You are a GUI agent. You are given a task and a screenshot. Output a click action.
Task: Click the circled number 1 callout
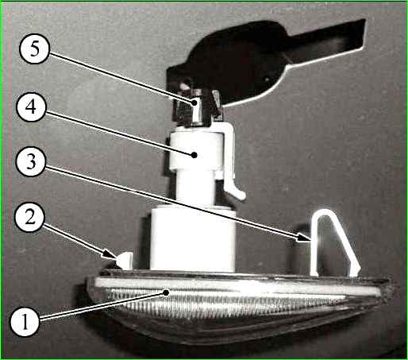pos(25,322)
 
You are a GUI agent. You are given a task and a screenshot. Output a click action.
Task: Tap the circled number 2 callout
pos(30,218)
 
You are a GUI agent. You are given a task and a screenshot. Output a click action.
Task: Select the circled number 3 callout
pos(31,161)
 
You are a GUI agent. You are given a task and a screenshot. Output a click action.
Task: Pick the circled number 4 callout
pos(31,106)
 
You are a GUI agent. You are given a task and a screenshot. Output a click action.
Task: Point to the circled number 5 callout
pos(35,49)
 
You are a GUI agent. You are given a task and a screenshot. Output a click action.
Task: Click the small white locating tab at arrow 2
pos(125,260)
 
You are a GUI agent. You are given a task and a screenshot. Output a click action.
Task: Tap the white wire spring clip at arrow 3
pos(334,242)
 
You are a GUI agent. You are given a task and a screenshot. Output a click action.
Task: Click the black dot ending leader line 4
pos(194,155)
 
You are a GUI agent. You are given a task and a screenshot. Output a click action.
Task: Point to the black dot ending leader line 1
pos(166,292)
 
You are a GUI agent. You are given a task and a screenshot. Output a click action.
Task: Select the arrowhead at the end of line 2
pos(110,255)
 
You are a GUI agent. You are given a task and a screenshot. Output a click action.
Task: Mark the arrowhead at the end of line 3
pos(303,238)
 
